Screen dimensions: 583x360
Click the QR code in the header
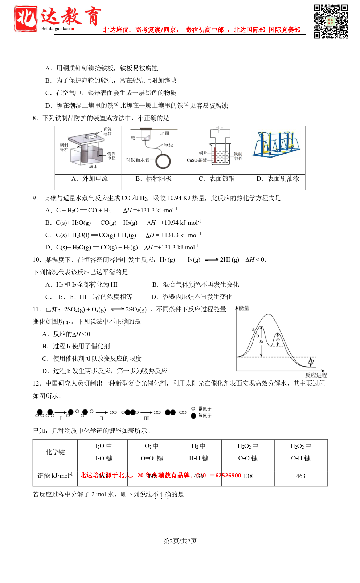(x=331, y=21)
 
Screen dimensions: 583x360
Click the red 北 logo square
(x=26, y=19)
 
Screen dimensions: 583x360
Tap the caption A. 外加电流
(x=90, y=179)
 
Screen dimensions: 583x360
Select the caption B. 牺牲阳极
(x=154, y=179)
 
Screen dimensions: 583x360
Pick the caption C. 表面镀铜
(x=217, y=179)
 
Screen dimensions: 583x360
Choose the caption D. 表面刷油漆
(x=278, y=179)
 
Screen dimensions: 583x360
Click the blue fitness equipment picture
(x=277, y=144)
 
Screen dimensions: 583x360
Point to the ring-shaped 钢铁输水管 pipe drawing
(x=163, y=161)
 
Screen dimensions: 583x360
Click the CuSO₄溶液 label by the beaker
(x=197, y=160)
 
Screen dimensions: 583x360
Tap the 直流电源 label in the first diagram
(x=107, y=131)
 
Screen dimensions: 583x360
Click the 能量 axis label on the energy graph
(x=244, y=308)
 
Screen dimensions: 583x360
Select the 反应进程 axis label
(x=316, y=375)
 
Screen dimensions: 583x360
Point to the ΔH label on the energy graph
(x=311, y=362)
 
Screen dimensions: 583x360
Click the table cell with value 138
(x=248, y=476)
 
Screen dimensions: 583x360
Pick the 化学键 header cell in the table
(x=55, y=452)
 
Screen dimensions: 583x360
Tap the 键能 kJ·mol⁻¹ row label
(x=55, y=476)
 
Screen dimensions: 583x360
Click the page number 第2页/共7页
(x=180, y=541)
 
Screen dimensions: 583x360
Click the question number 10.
(x=37, y=260)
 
